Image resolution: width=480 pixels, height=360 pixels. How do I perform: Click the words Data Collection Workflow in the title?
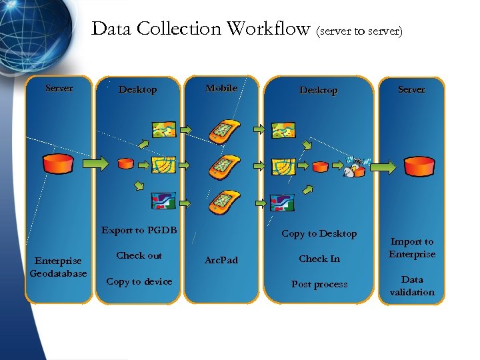click(201, 29)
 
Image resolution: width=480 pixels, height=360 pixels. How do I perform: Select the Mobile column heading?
click(221, 89)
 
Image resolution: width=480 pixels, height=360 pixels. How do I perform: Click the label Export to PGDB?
click(139, 231)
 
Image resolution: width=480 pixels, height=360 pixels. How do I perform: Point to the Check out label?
click(139, 255)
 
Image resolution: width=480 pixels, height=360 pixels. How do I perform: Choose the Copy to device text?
click(139, 281)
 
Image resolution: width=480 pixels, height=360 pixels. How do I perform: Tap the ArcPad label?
click(221, 259)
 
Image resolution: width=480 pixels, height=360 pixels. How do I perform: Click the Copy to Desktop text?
click(319, 233)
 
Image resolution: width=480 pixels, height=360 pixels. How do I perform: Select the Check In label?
click(319, 259)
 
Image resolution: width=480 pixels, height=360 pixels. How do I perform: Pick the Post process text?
click(319, 284)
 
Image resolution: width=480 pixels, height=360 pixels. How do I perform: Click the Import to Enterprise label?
click(412, 248)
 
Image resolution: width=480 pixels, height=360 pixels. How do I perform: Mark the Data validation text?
click(412, 286)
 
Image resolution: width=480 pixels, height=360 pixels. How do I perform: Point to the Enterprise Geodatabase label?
click(59, 267)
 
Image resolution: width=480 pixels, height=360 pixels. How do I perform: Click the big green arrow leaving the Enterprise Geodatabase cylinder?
click(96, 163)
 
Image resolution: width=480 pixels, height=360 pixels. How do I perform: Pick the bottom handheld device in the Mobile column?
click(222, 201)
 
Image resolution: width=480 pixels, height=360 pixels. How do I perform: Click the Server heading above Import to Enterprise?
click(411, 89)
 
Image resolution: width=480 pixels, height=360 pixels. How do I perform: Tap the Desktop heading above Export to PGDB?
click(137, 90)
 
